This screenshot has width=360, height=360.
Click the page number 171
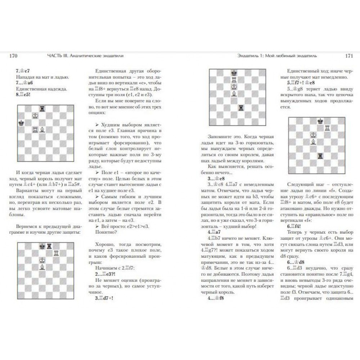pyautogui.click(x=348, y=56)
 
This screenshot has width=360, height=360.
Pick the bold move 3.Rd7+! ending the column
pyautogui.click(x=104, y=298)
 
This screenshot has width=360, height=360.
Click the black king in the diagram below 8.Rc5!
pyautogui.click(x=21, y=123)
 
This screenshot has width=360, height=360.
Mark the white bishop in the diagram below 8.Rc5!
pyautogui.click(x=42, y=129)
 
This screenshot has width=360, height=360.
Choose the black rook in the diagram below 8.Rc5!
pyautogui.click(x=42, y=108)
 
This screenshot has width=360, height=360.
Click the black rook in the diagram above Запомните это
pyautogui.click(x=240, y=107)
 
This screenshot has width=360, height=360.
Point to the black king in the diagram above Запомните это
pyautogui.click(x=234, y=72)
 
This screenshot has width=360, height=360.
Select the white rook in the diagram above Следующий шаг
pyautogui.click(x=327, y=128)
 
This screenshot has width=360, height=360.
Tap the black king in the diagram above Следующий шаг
pyautogui.click(x=320, y=121)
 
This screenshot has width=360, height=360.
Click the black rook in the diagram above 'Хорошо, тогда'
pyautogui.click(x=49, y=246)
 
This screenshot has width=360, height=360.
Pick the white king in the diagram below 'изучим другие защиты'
pyautogui.click(x=42, y=260)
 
